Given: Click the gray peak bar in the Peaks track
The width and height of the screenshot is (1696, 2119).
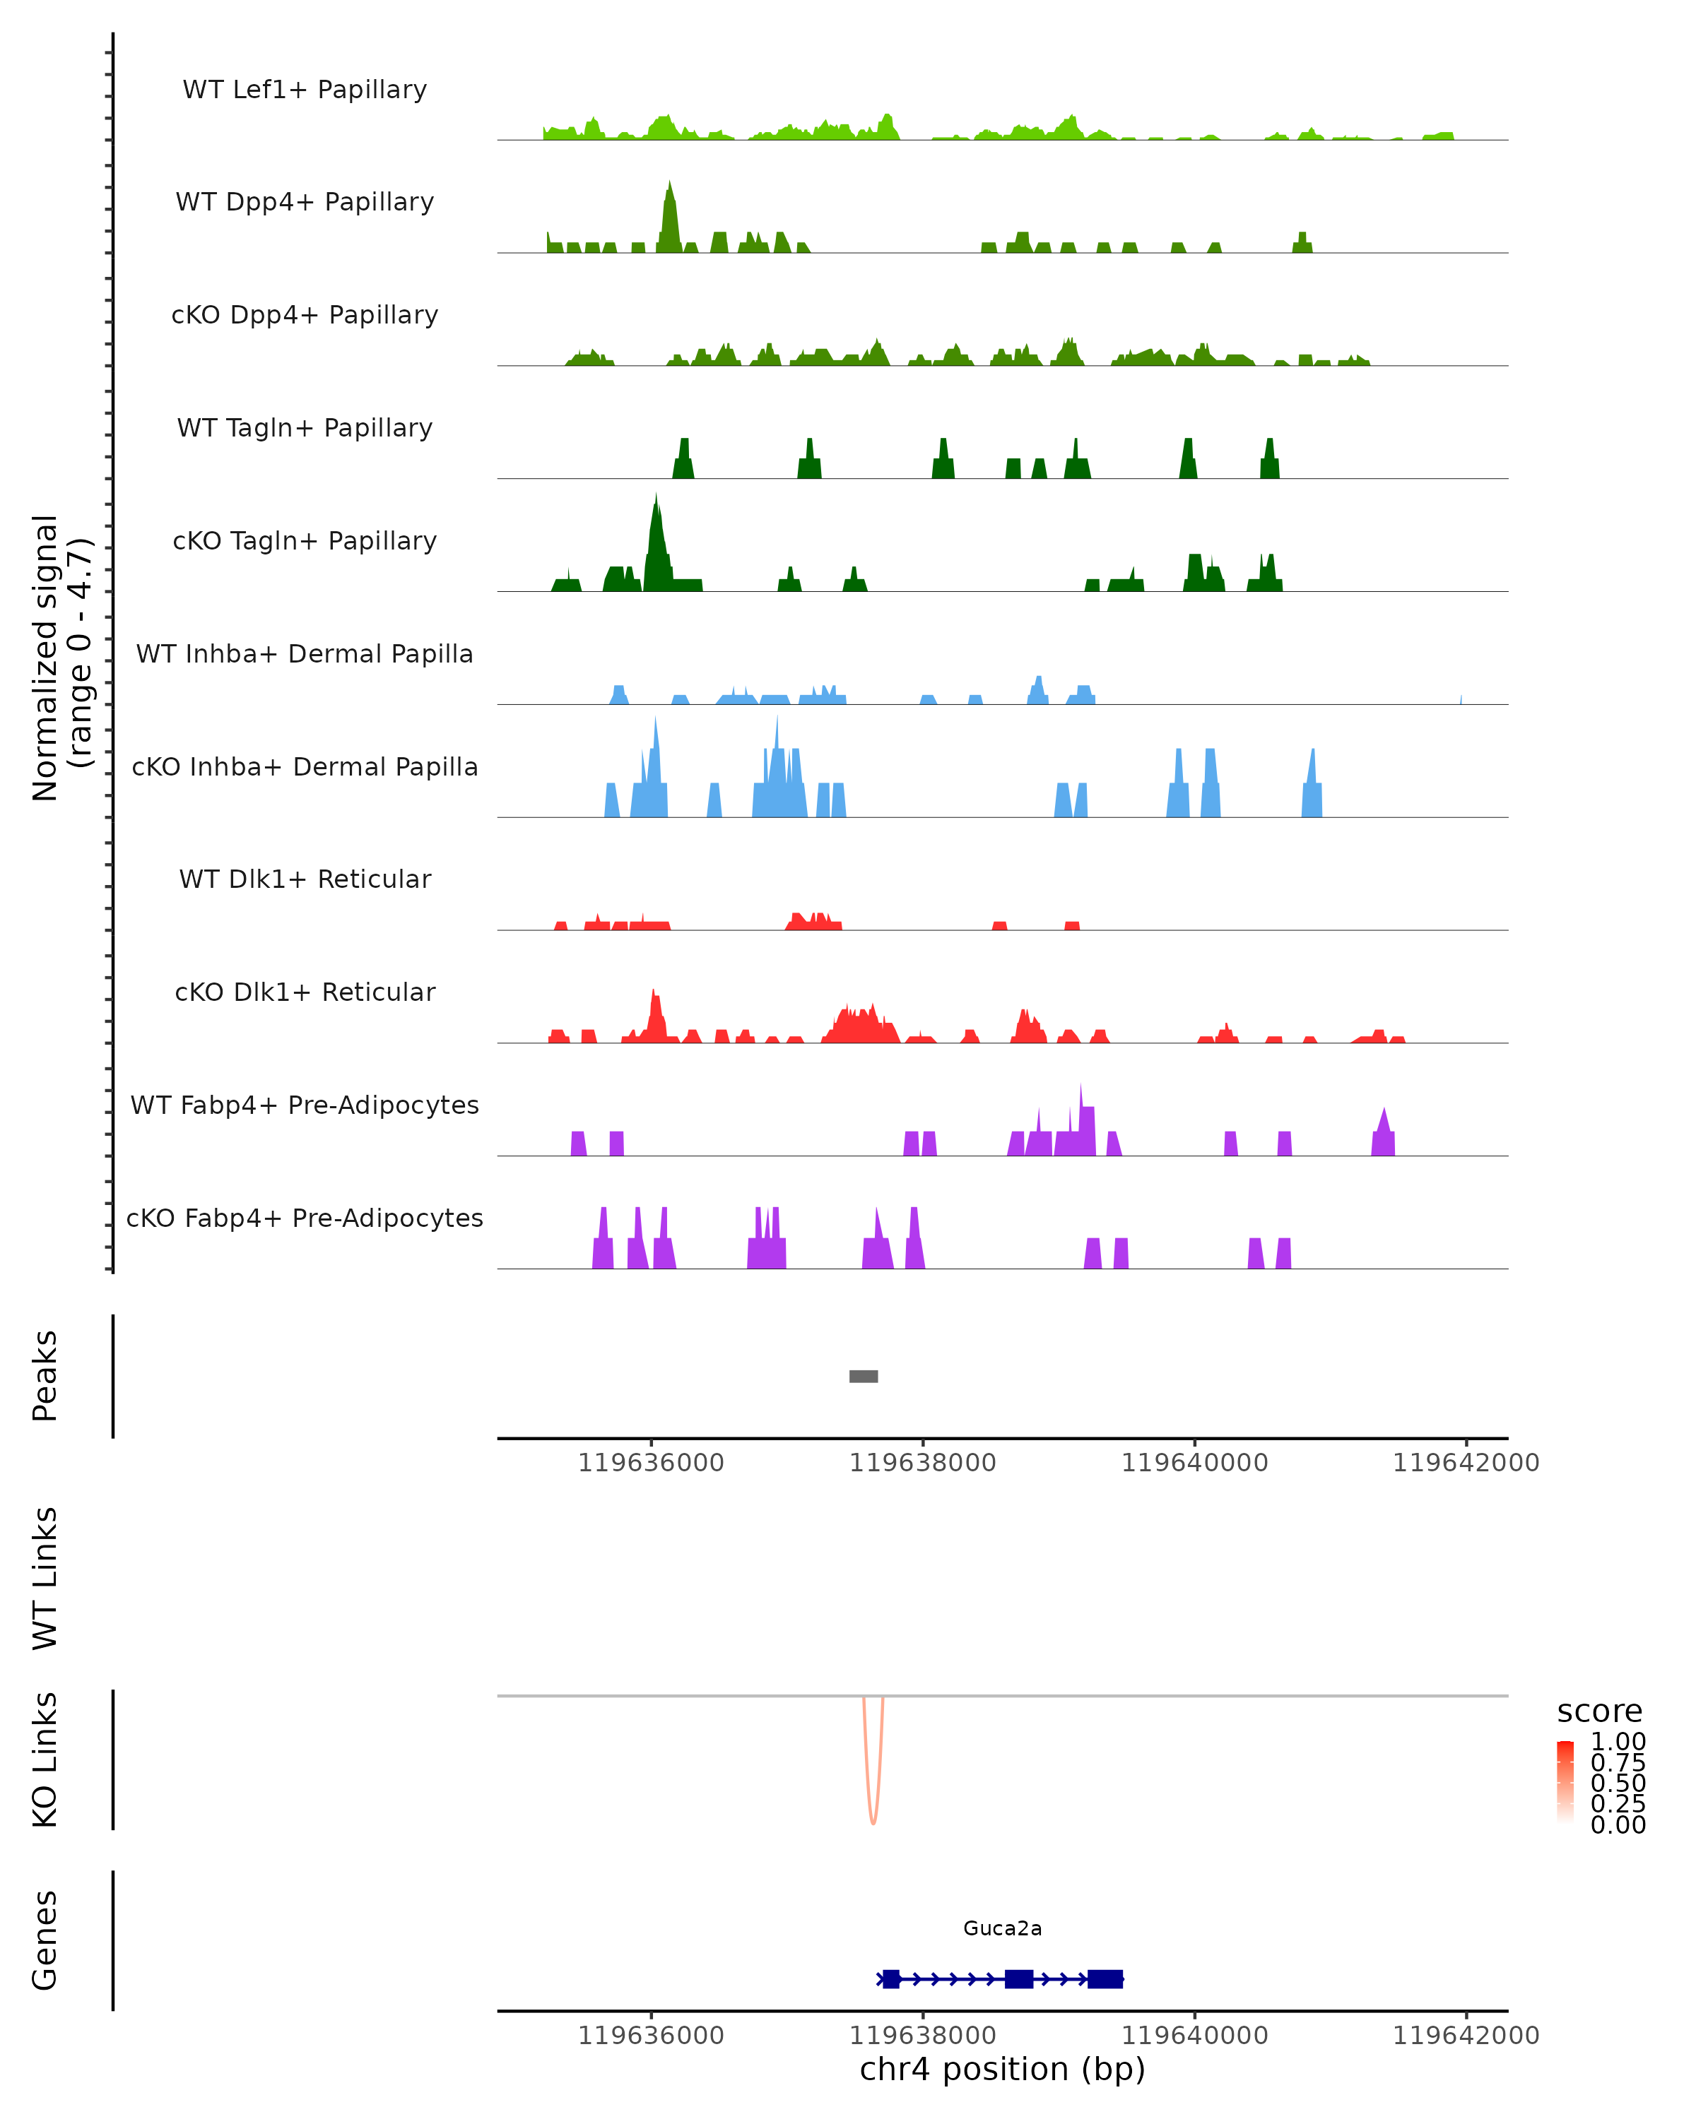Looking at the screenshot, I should (x=864, y=1376).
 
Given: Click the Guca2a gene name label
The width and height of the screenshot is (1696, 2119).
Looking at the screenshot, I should (x=1002, y=1928).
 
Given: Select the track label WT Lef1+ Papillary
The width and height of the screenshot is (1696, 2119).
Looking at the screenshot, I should (x=305, y=90).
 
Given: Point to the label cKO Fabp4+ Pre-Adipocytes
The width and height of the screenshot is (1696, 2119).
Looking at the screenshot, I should (x=305, y=1218).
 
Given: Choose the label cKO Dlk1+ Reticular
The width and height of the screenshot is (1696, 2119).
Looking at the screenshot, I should (x=305, y=992).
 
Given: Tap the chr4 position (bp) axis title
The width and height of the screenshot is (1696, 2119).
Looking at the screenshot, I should (x=1002, y=2069).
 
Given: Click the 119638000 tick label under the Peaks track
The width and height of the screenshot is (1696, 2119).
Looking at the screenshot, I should (x=922, y=1463).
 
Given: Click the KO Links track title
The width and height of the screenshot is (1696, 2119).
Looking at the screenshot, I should (x=45, y=1759).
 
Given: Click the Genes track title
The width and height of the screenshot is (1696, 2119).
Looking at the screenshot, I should (x=45, y=1940).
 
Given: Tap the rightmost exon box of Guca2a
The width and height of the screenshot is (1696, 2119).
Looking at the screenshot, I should (x=1105, y=1979).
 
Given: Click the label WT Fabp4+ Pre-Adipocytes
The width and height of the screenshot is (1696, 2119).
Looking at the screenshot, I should (x=305, y=1105).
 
